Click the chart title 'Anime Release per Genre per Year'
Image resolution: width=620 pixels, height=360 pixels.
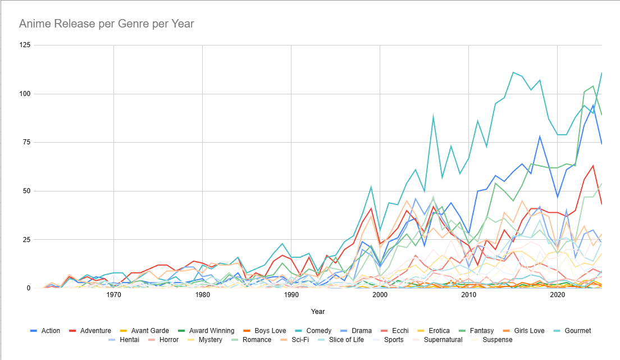pos(107,24)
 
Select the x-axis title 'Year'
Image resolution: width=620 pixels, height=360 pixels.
pos(318,311)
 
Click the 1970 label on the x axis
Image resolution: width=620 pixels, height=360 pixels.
pos(114,295)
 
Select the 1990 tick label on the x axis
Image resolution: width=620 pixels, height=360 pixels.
pos(291,295)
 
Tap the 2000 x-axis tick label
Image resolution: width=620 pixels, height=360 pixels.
pos(380,295)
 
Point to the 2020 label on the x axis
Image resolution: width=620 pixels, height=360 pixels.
pos(558,295)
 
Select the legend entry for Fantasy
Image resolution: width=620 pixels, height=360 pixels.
pos(494,331)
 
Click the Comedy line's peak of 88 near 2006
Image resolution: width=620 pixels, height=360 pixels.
pos(433,117)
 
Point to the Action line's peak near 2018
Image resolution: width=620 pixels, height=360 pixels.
pos(540,136)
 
